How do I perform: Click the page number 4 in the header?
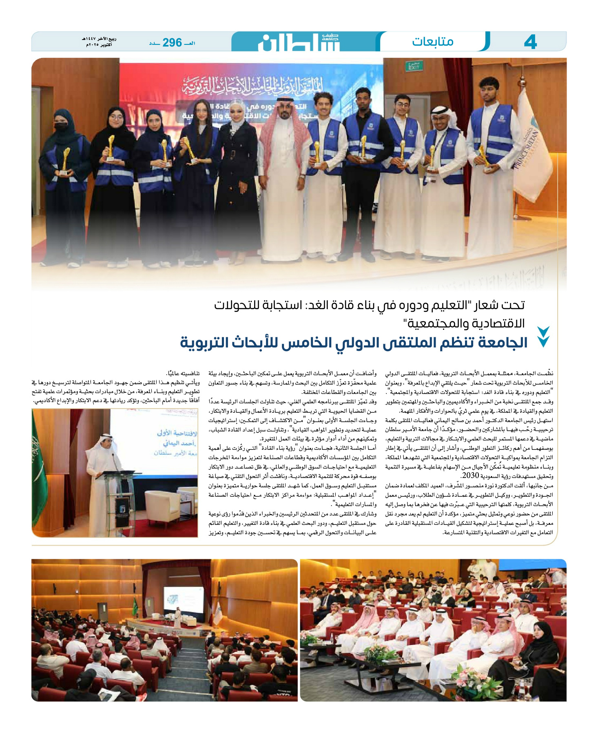click(530, 42)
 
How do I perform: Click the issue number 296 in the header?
click(172, 42)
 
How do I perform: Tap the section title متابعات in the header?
click(432, 42)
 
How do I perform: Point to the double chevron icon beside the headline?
click(543, 336)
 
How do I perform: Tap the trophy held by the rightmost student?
click(484, 157)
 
